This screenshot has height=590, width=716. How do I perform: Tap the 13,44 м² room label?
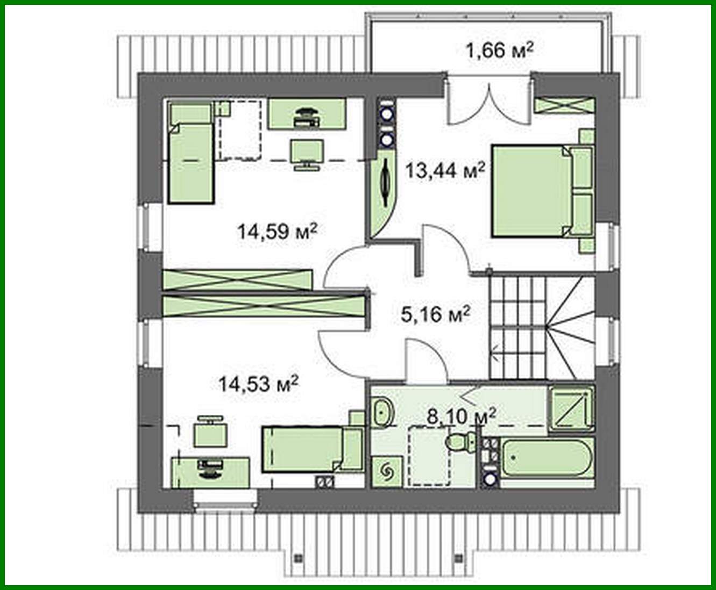tap(445, 171)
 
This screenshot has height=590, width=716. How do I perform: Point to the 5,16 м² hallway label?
tap(436, 314)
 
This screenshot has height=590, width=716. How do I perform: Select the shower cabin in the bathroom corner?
tap(571, 409)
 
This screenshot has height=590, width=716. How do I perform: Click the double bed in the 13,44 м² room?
tap(533, 191)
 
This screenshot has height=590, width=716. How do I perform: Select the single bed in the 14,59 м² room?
tap(190, 161)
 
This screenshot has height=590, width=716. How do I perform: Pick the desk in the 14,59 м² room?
tap(307, 114)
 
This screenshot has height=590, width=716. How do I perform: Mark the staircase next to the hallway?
tap(541, 328)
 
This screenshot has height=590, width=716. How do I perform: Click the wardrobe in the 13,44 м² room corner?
tap(564, 105)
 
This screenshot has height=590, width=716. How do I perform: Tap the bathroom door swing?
tap(425, 363)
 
